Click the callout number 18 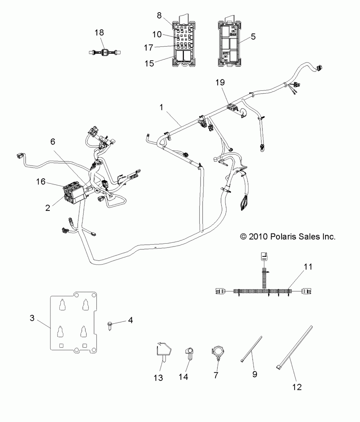(x=99, y=32)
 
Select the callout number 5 (x=253, y=37)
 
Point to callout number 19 (x=220, y=83)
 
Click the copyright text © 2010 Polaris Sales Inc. (x=288, y=236)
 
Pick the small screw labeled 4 (x=110, y=325)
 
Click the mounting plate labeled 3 (x=74, y=322)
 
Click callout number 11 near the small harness (x=308, y=267)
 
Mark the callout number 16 (x=41, y=182)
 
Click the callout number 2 (x=48, y=208)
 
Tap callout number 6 (x=53, y=142)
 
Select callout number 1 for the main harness (x=161, y=107)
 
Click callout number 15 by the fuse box (x=149, y=63)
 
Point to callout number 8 (x=159, y=15)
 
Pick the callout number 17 (x=148, y=48)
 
